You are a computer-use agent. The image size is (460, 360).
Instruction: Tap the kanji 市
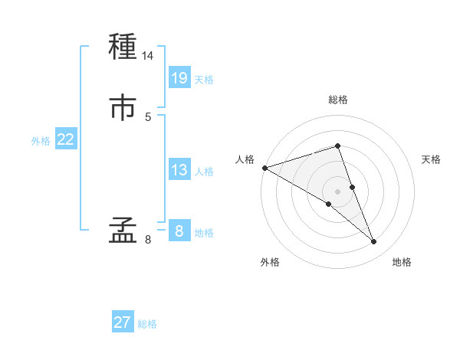[x=123, y=107]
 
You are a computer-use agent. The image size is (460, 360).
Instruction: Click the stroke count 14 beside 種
[x=148, y=56]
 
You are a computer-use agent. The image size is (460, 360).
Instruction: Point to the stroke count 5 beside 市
[x=148, y=116]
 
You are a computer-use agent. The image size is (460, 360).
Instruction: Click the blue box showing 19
[x=179, y=77]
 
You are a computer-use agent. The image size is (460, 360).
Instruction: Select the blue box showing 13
[x=179, y=170]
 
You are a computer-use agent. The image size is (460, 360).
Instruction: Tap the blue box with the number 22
[x=66, y=139]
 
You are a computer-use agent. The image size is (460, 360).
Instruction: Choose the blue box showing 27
[x=123, y=322]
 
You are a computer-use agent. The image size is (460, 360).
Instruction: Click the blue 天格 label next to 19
[x=204, y=80]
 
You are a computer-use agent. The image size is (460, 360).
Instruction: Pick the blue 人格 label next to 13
[x=204, y=172]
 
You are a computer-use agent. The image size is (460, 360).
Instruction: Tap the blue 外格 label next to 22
[x=41, y=141]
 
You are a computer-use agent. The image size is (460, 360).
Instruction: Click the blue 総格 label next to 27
[x=147, y=324]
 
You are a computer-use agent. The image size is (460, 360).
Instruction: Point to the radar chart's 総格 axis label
[x=338, y=100]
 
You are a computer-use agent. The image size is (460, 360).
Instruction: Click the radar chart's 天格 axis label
[x=432, y=159]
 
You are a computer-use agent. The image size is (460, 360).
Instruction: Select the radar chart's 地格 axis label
[x=402, y=262]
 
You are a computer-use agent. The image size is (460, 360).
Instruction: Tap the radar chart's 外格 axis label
[x=270, y=262]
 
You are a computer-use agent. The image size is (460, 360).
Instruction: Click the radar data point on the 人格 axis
[x=264, y=167]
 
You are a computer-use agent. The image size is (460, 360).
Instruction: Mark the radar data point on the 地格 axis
[x=374, y=242]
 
